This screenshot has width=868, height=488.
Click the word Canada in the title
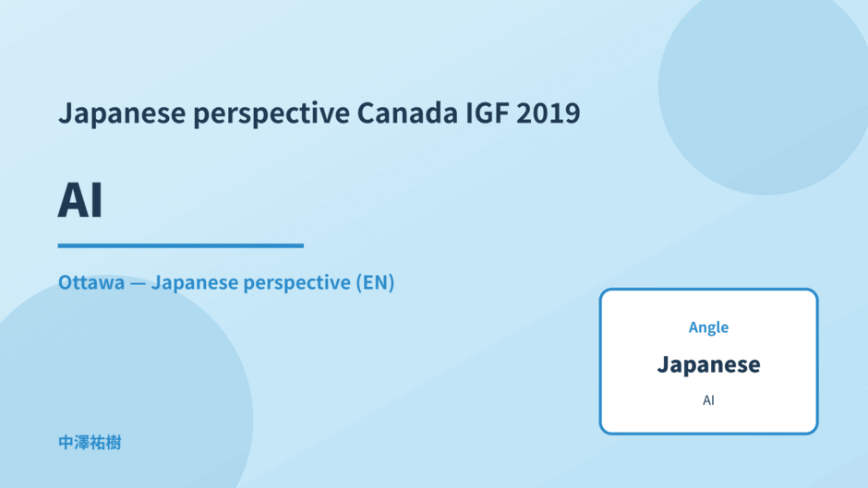point(407,113)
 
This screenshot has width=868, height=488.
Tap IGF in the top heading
point(488,113)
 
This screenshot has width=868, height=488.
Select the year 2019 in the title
point(548,113)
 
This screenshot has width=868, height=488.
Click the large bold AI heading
point(80,200)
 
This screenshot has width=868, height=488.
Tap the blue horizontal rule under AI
point(181,245)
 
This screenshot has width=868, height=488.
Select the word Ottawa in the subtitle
point(91,282)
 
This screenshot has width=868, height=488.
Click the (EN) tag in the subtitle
point(375,282)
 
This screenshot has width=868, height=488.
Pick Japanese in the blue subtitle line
point(194,283)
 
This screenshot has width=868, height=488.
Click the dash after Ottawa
point(138,283)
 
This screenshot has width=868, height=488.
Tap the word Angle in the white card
point(708,327)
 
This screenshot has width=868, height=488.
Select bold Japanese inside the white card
point(708,364)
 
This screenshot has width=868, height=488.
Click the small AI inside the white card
point(708,400)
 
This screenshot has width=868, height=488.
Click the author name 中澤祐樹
point(90,443)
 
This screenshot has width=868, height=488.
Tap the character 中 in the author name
point(66,443)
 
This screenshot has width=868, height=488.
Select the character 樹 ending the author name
point(114,443)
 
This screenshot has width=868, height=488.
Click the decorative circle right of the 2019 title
point(764,89)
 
